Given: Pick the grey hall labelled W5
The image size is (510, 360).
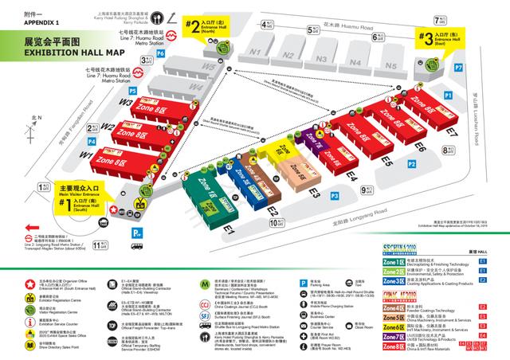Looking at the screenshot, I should (209, 68).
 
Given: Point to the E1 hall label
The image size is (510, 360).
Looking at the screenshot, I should (228, 229).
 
